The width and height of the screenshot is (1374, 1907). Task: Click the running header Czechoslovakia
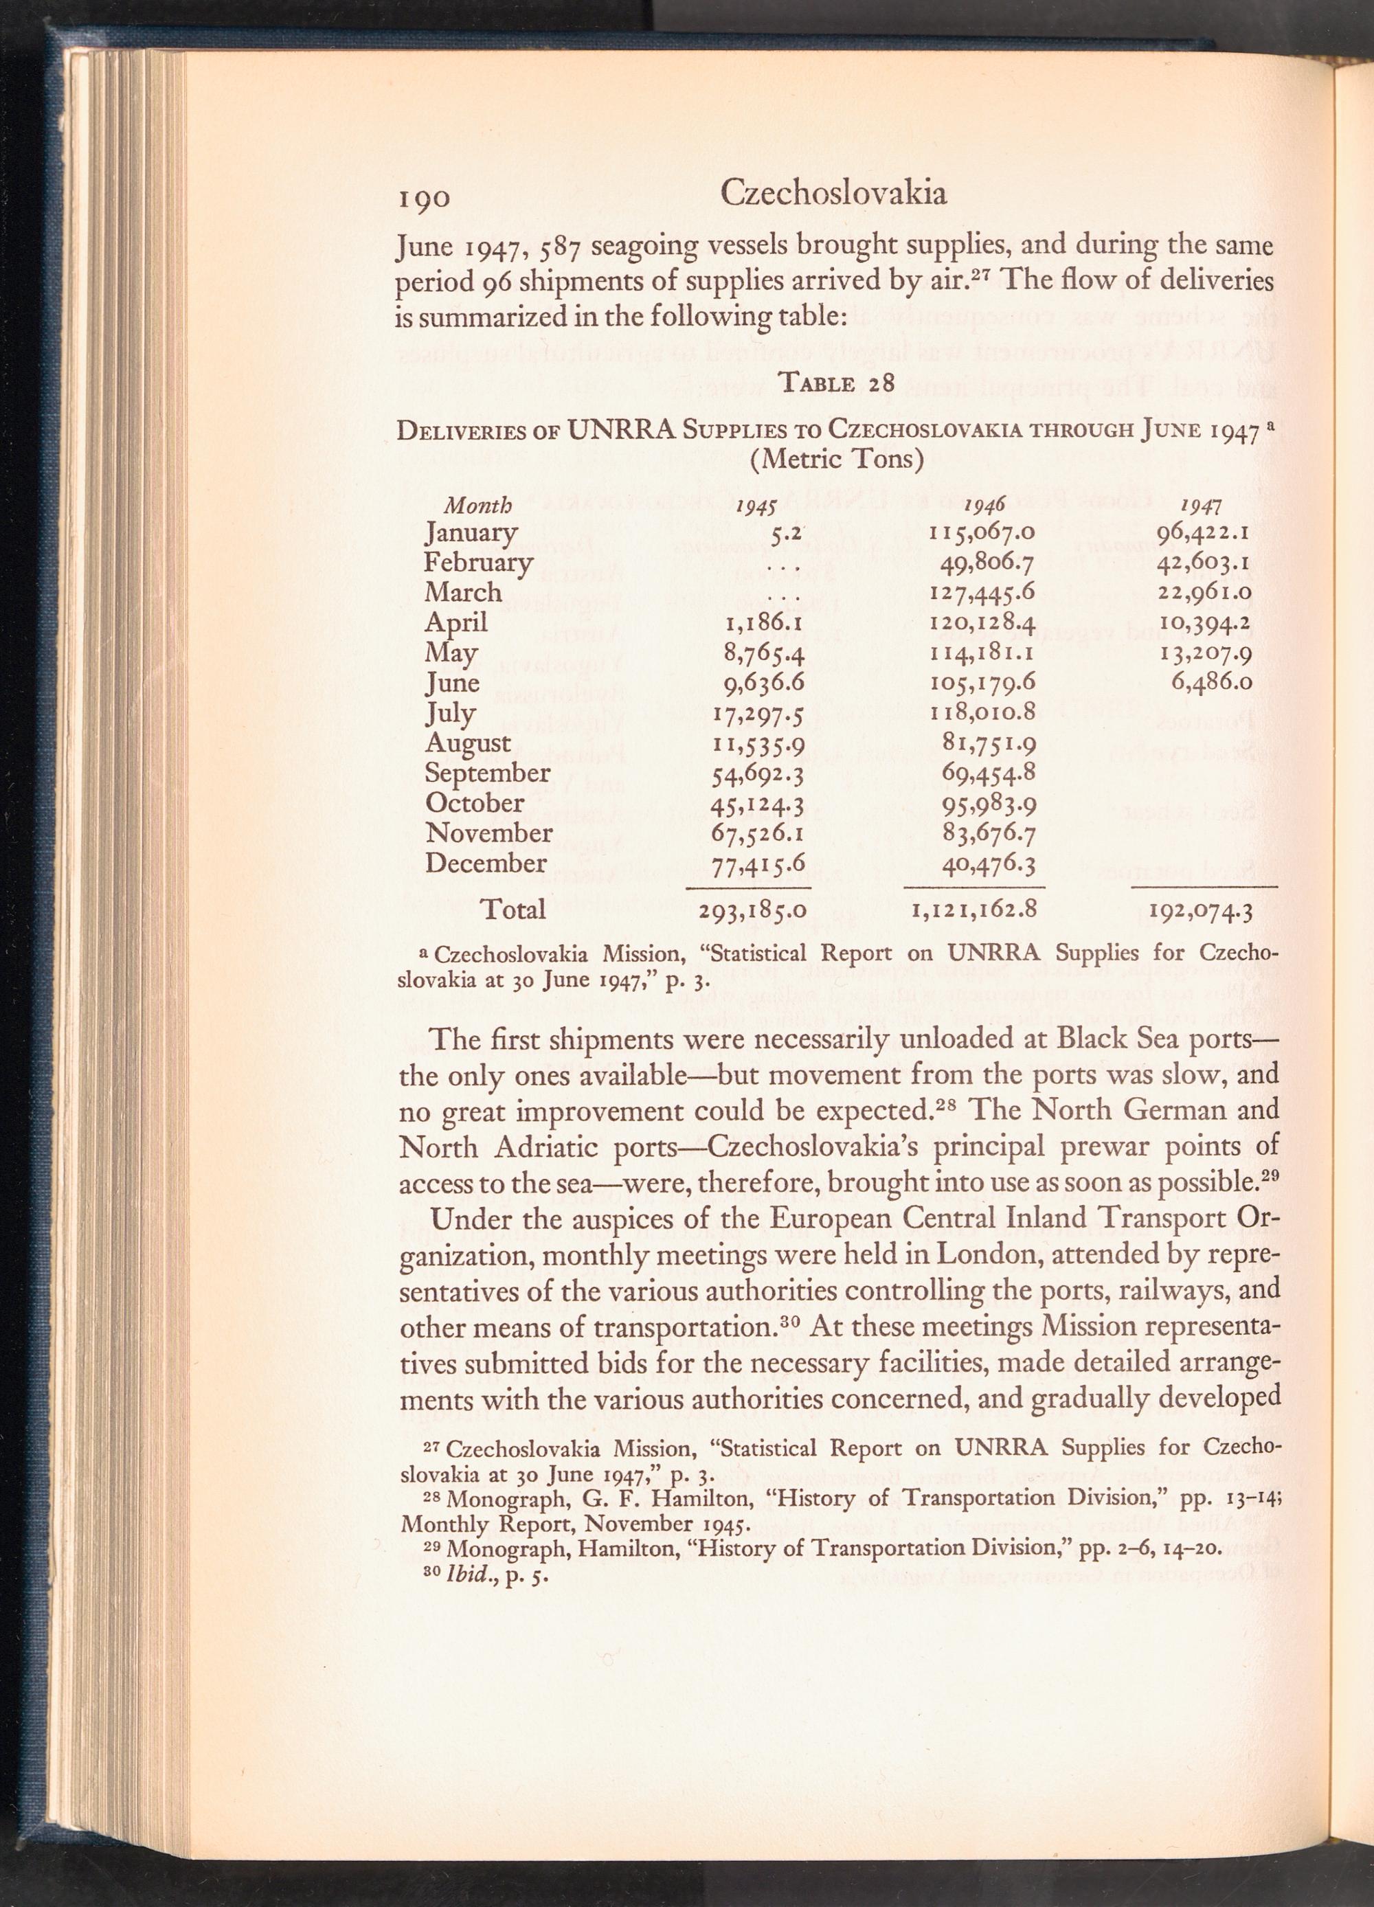(x=833, y=194)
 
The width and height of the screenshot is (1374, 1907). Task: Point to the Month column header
(x=477, y=506)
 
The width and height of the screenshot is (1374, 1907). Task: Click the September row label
(x=488, y=773)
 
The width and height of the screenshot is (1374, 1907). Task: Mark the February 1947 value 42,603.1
(x=1206, y=563)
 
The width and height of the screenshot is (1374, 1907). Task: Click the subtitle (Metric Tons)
(x=837, y=459)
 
